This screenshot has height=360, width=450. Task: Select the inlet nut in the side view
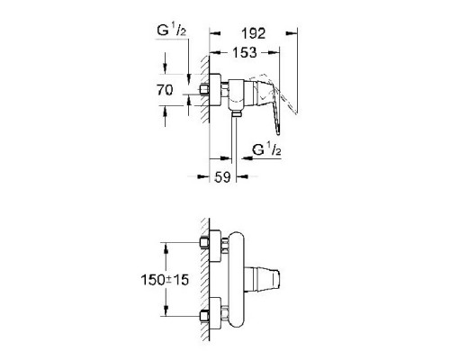pos(204,90)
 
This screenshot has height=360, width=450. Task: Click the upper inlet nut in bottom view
pos(204,243)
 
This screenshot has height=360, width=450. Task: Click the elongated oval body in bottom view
pos(238,279)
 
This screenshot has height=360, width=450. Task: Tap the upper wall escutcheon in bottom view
pos(219,244)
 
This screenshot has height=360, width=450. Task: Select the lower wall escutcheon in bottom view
pos(219,316)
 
